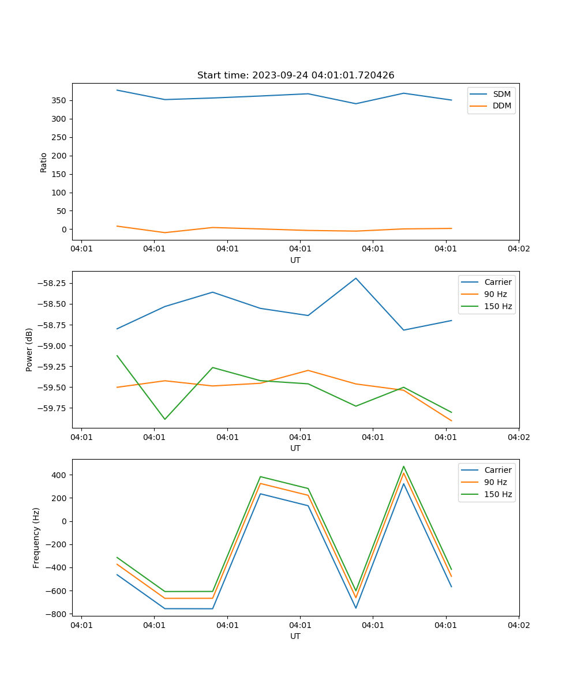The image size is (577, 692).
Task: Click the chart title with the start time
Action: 295,76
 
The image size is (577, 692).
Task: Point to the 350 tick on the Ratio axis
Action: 60,100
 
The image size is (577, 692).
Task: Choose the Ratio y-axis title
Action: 44,162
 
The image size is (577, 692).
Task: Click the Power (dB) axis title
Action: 29,349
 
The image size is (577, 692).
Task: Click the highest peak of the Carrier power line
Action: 355,278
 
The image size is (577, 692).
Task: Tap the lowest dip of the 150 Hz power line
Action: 165,419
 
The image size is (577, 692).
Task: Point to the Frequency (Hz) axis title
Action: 36,537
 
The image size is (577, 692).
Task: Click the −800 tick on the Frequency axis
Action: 56,614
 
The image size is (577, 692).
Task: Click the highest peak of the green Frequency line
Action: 403,467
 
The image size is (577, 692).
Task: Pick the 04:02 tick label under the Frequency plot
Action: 518,625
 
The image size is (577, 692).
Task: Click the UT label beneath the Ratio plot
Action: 295,260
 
